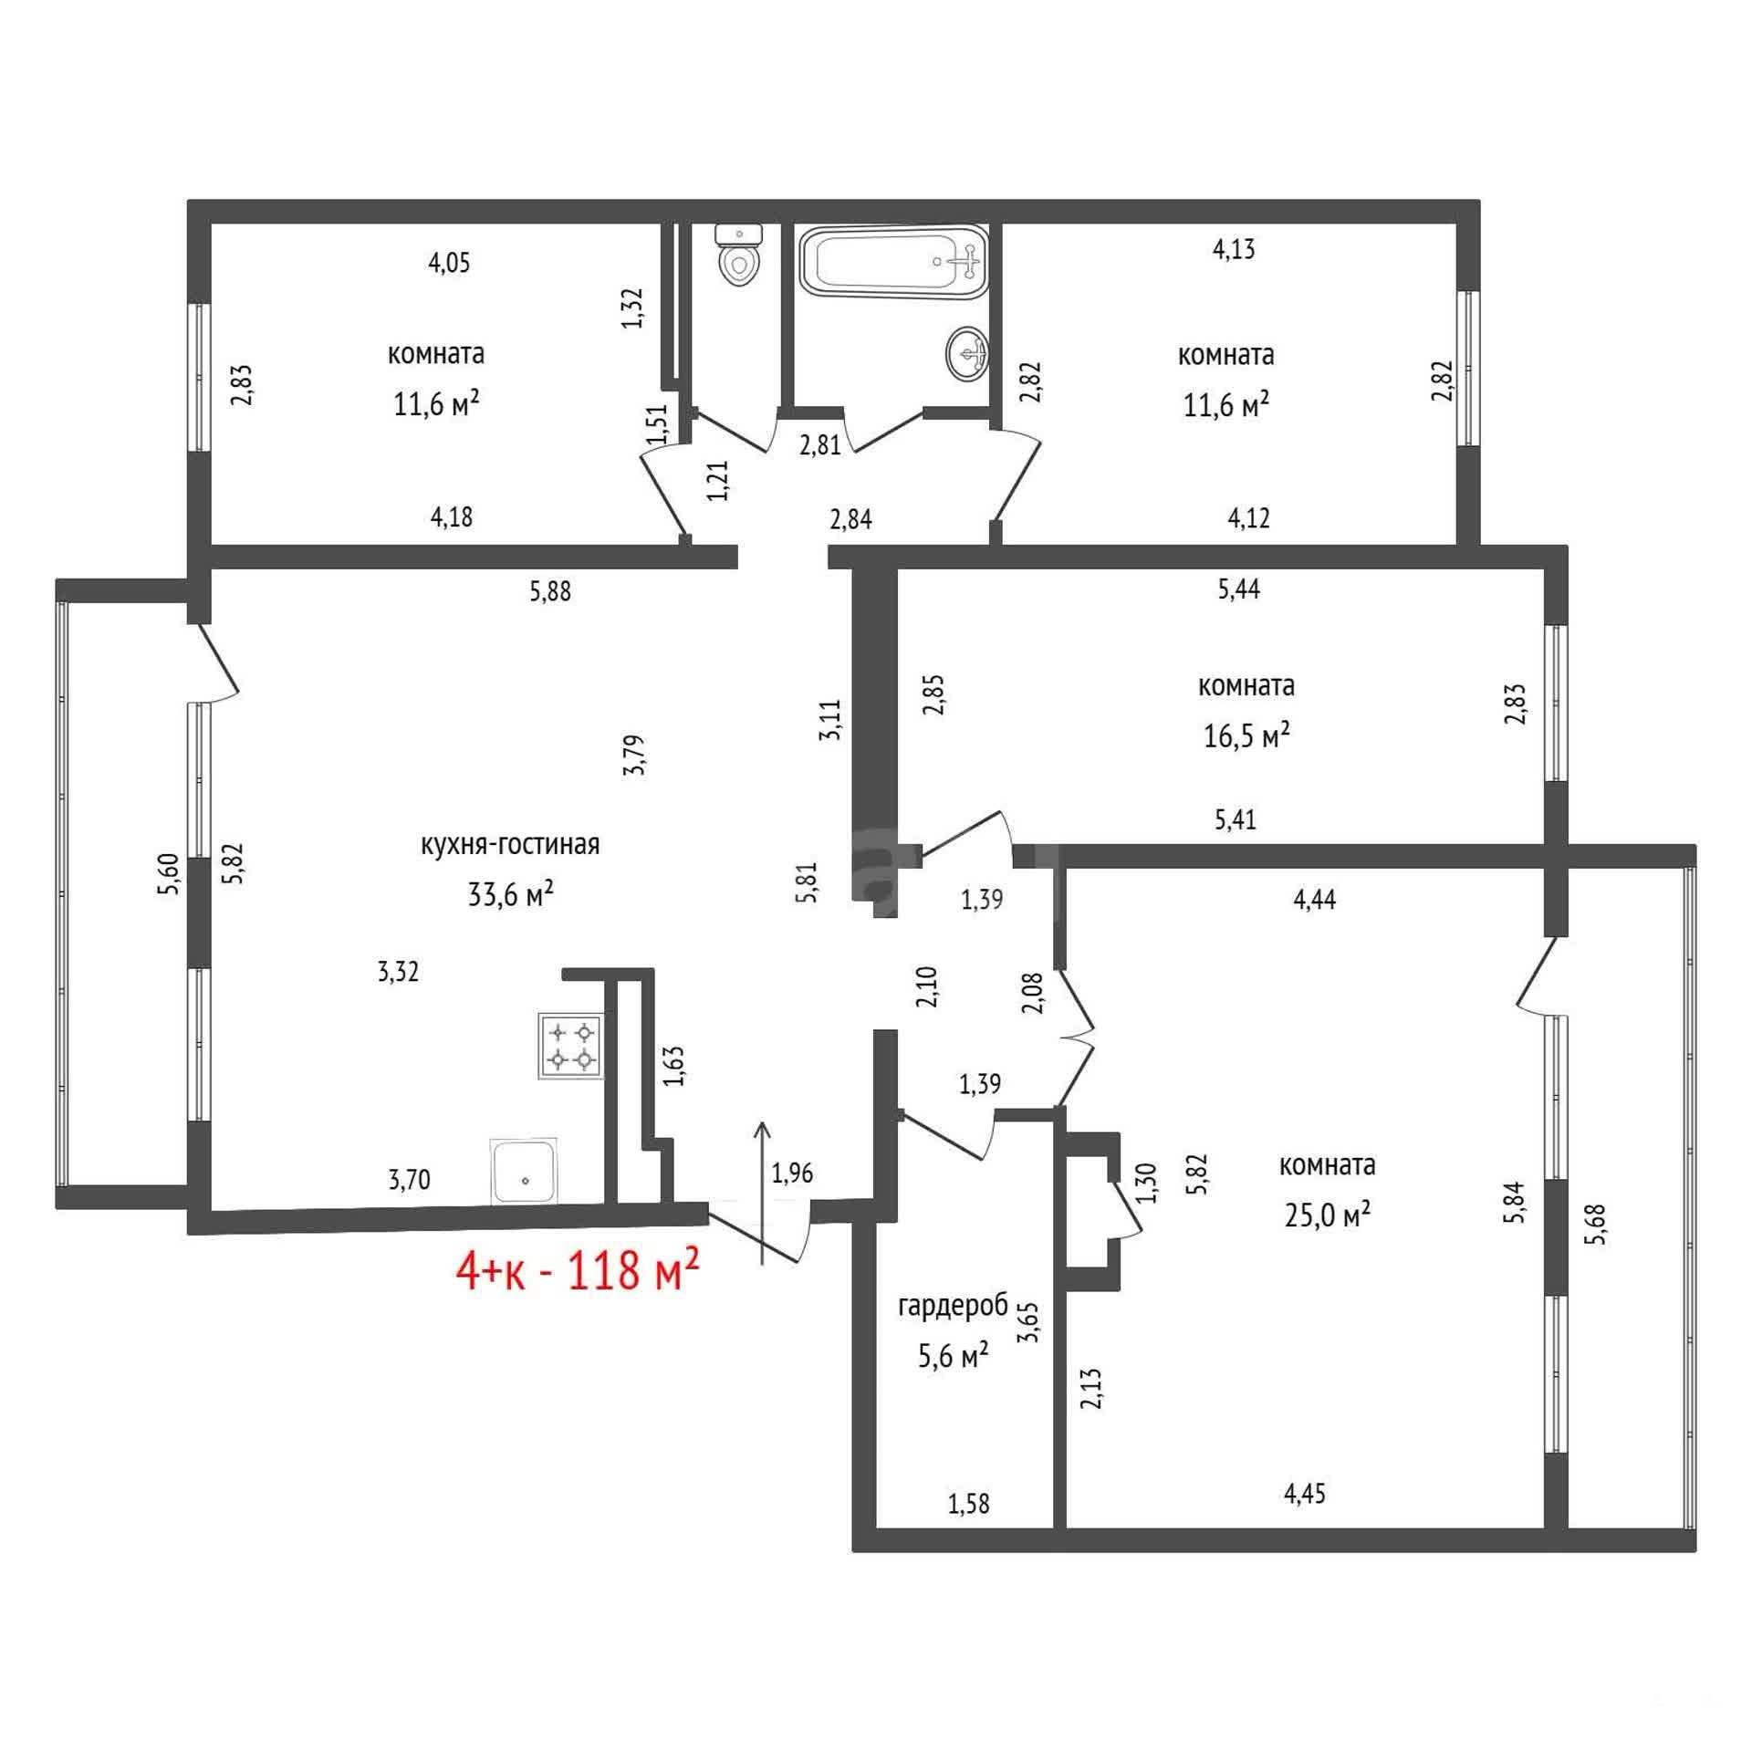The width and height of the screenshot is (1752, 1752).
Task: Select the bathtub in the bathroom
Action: point(893,262)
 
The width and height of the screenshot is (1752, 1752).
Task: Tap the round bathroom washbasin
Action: point(969,352)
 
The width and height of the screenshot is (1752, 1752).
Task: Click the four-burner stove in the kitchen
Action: point(571,1047)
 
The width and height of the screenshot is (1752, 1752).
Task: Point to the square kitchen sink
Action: point(524,1171)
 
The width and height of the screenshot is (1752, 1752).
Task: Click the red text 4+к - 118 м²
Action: point(579,1271)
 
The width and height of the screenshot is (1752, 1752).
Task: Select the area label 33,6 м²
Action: point(511,893)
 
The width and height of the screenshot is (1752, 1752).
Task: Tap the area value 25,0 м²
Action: point(1328,1215)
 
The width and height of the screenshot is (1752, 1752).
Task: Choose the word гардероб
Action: point(954,1307)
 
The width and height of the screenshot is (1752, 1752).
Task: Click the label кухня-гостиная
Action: point(510,844)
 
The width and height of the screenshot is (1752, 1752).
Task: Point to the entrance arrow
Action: point(762,1193)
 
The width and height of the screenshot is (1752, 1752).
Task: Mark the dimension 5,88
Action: point(550,591)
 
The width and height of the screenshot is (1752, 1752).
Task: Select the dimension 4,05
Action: point(449,263)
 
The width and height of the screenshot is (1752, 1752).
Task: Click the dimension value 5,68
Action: point(1597,1225)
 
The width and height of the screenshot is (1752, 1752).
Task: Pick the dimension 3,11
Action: point(830,720)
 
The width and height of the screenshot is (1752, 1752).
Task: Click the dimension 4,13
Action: point(1234,249)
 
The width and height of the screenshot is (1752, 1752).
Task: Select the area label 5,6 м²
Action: point(954,1356)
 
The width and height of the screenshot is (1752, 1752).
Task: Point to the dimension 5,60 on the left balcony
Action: point(170,873)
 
